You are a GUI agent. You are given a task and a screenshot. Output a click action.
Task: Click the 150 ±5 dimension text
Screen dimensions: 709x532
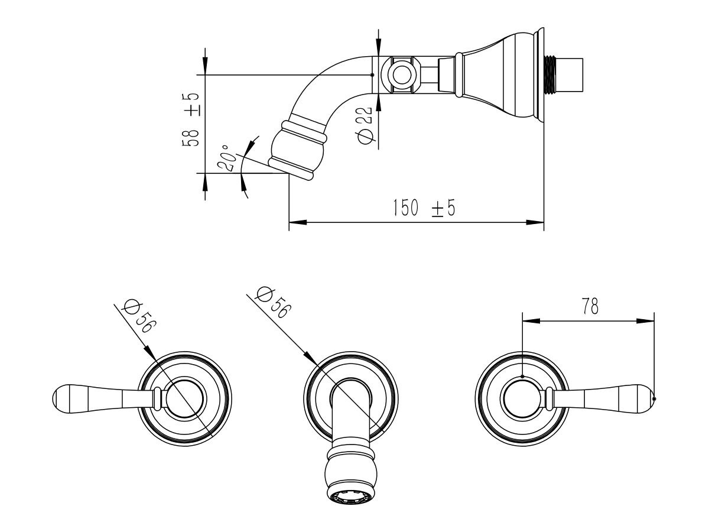424,207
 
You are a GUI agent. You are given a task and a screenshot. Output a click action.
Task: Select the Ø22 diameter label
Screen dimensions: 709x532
365,125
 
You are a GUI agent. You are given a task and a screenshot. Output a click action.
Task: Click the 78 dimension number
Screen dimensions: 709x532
590,306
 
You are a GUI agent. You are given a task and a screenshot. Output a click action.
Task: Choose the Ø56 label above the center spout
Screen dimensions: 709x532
272,302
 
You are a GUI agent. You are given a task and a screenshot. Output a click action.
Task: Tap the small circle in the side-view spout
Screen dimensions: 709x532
402,75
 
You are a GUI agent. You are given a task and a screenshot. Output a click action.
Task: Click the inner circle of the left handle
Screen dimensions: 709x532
186,399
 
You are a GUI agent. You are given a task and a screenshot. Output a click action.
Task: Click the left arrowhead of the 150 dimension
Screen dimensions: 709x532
298,222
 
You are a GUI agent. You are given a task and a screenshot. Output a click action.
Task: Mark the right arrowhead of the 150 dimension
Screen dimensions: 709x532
535,222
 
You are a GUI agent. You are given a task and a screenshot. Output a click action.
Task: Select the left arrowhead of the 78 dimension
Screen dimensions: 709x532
531,321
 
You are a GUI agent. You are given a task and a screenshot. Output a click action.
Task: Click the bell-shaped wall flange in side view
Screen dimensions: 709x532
500,75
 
